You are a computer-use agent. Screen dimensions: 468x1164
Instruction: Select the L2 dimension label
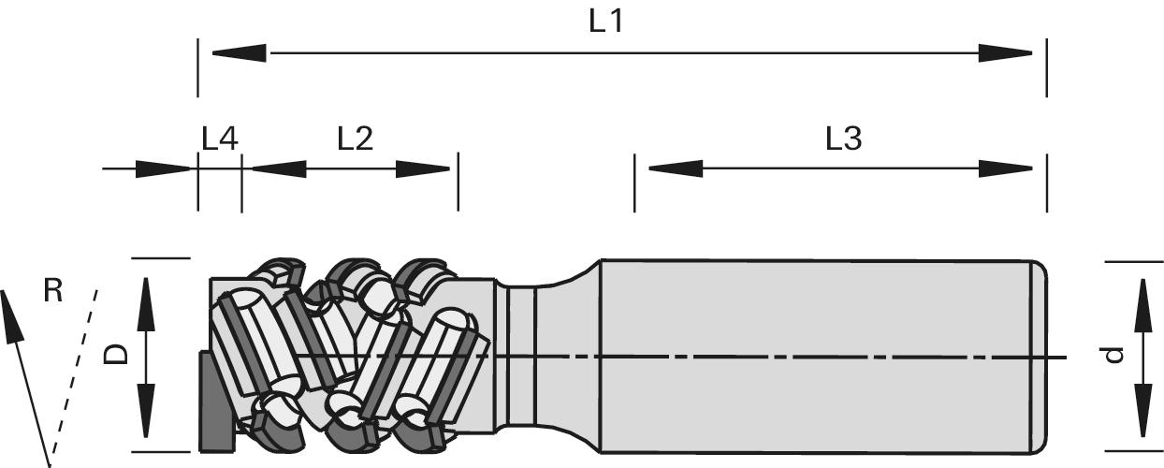pos(355,139)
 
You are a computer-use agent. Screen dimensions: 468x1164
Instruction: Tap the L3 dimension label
pos(842,139)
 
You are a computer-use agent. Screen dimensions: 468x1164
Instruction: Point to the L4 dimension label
pos(220,139)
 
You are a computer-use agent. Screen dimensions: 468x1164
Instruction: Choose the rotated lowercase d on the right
pos(1111,355)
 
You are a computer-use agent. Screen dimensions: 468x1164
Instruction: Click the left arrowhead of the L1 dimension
pos(239,52)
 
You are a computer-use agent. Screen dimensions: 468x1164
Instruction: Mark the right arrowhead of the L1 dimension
pos(1007,52)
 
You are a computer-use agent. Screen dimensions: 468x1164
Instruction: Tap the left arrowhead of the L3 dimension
pos(675,168)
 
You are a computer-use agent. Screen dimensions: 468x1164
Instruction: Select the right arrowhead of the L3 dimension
pos(1007,168)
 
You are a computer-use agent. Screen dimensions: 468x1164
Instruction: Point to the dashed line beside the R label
pos(75,365)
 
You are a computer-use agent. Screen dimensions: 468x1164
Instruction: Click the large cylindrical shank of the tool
pos(814,356)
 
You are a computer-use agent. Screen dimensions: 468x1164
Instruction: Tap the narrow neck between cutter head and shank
pos(520,356)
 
